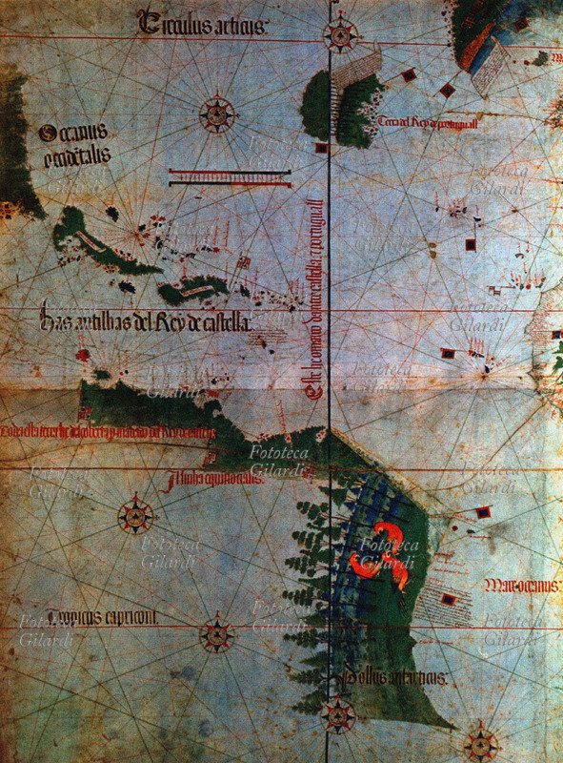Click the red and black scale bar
229,175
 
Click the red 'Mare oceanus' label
519,584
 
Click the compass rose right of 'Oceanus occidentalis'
218,114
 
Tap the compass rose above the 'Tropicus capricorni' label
136,518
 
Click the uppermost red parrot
387,536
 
